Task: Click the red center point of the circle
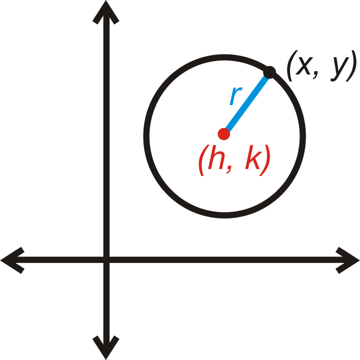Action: [x=224, y=134]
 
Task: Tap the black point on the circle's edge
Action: [x=269, y=72]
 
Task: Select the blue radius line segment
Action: [x=247, y=103]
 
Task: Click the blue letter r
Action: [x=236, y=95]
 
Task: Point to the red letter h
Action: [x=216, y=157]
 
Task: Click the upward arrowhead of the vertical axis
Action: [x=106, y=12]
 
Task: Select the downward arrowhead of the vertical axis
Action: [x=106, y=347]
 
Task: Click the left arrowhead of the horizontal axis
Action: [x=12, y=260]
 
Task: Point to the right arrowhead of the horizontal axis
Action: [x=347, y=260]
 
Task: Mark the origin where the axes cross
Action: [x=106, y=260]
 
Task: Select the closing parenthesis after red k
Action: [x=265, y=160]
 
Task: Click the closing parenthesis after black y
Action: [x=351, y=65]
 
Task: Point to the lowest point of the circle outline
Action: [x=224, y=215]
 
